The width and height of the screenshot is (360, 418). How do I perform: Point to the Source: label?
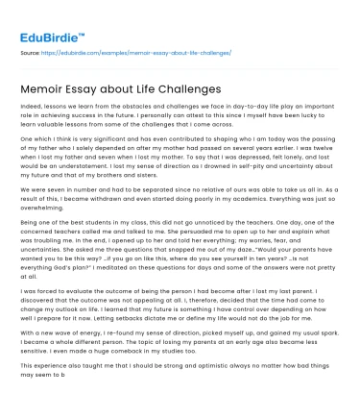pyautogui.click(x=28, y=53)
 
